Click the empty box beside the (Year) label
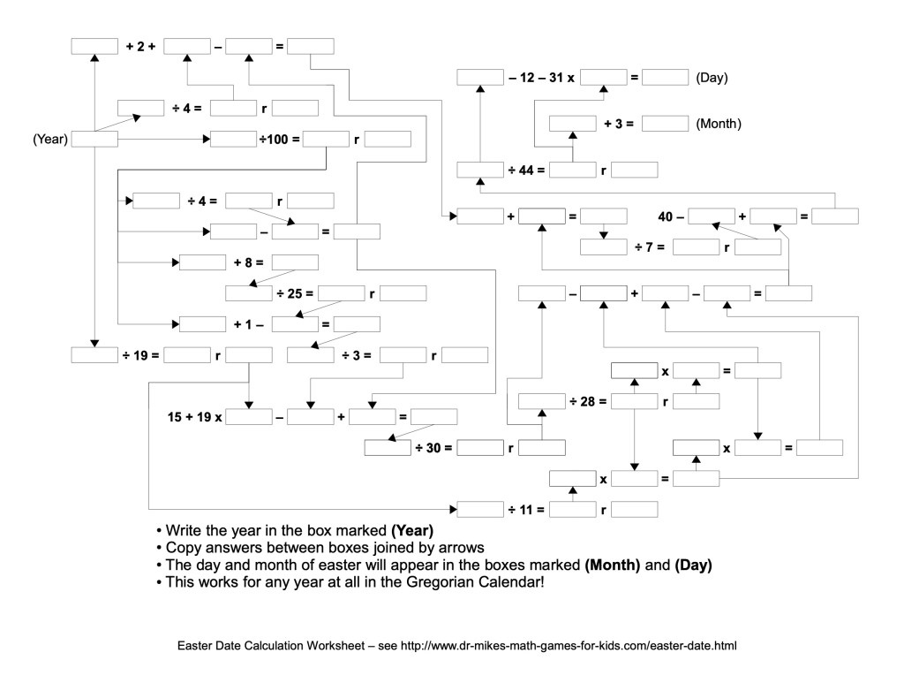click(94, 139)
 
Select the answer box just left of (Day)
click(665, 78)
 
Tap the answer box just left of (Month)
click(665, 124)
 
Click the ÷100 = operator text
click(279, 139)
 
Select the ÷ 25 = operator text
click(297, 293)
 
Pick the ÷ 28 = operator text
click(588, 402)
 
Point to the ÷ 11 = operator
click(526, 510)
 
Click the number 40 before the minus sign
click(667, 216)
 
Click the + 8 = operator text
click(249, 262)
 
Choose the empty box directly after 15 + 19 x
click(249, 417)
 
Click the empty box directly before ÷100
click(233, 139)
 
